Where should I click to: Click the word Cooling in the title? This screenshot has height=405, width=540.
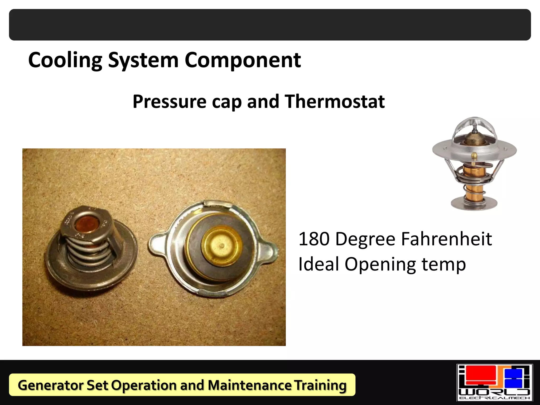click(x=65, y=60)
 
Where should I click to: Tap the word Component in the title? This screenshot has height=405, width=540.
click(x=243, y=60)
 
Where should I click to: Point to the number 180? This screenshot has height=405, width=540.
click(x=314, y=239)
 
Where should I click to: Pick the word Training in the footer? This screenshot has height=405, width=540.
click(x=320, y=385)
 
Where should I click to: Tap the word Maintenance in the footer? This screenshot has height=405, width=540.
click(x=249, y=385)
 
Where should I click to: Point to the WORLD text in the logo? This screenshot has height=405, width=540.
click(x=495, y=392)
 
